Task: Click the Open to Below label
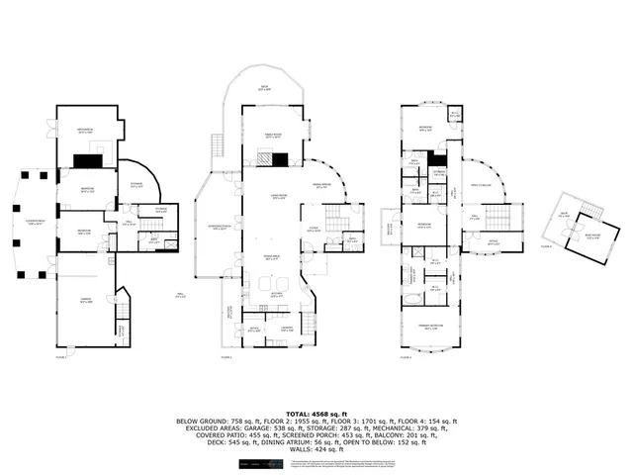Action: [482, 184]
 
